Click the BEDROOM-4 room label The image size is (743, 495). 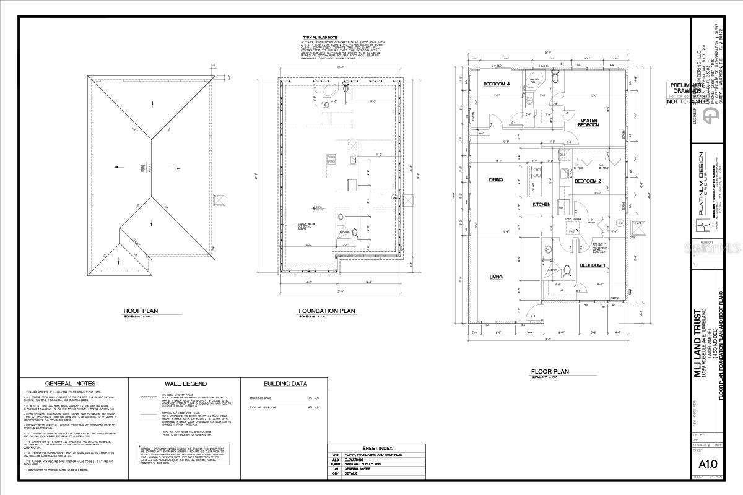pos(497,84)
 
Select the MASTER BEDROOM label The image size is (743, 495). pos(589,123)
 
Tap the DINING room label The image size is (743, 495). pos(495,180)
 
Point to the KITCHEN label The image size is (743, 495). pos(542,204)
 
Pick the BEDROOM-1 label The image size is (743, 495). pos(592,265)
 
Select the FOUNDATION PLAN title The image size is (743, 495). pos(326,311)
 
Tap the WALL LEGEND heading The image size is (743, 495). pos(183,384)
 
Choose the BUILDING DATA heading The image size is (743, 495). pos(283,384)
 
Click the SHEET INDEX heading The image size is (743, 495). pos(378,448)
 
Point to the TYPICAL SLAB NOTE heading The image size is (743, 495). pos(320,37)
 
